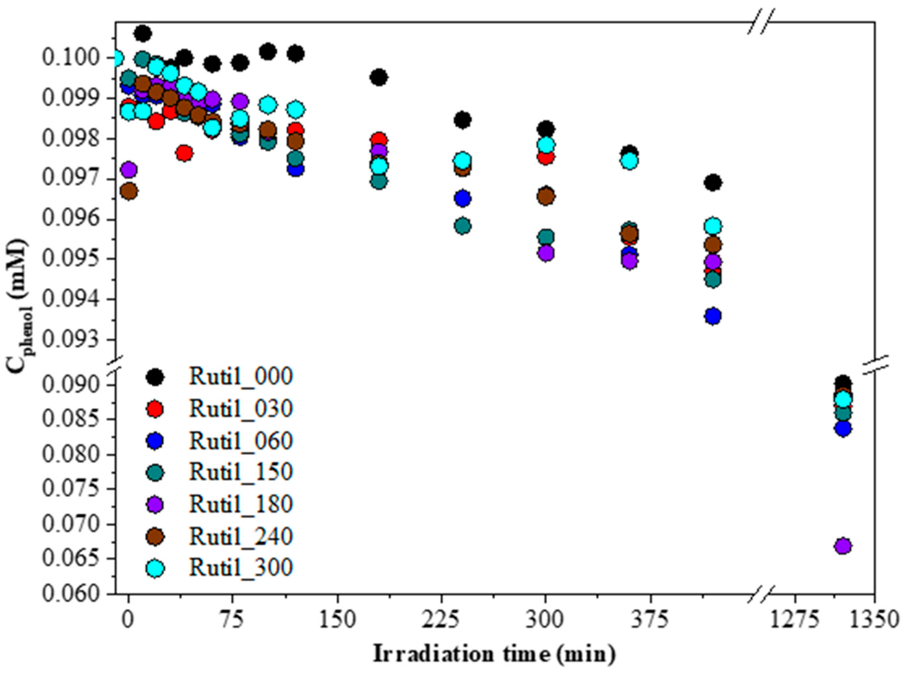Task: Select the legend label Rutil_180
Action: tap(241, 504)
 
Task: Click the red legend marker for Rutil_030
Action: tap(156, 409)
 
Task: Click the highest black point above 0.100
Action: tap(143, 33)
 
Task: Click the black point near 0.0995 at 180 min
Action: tap(379, 77)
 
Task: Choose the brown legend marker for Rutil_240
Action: tap(156, 537)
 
